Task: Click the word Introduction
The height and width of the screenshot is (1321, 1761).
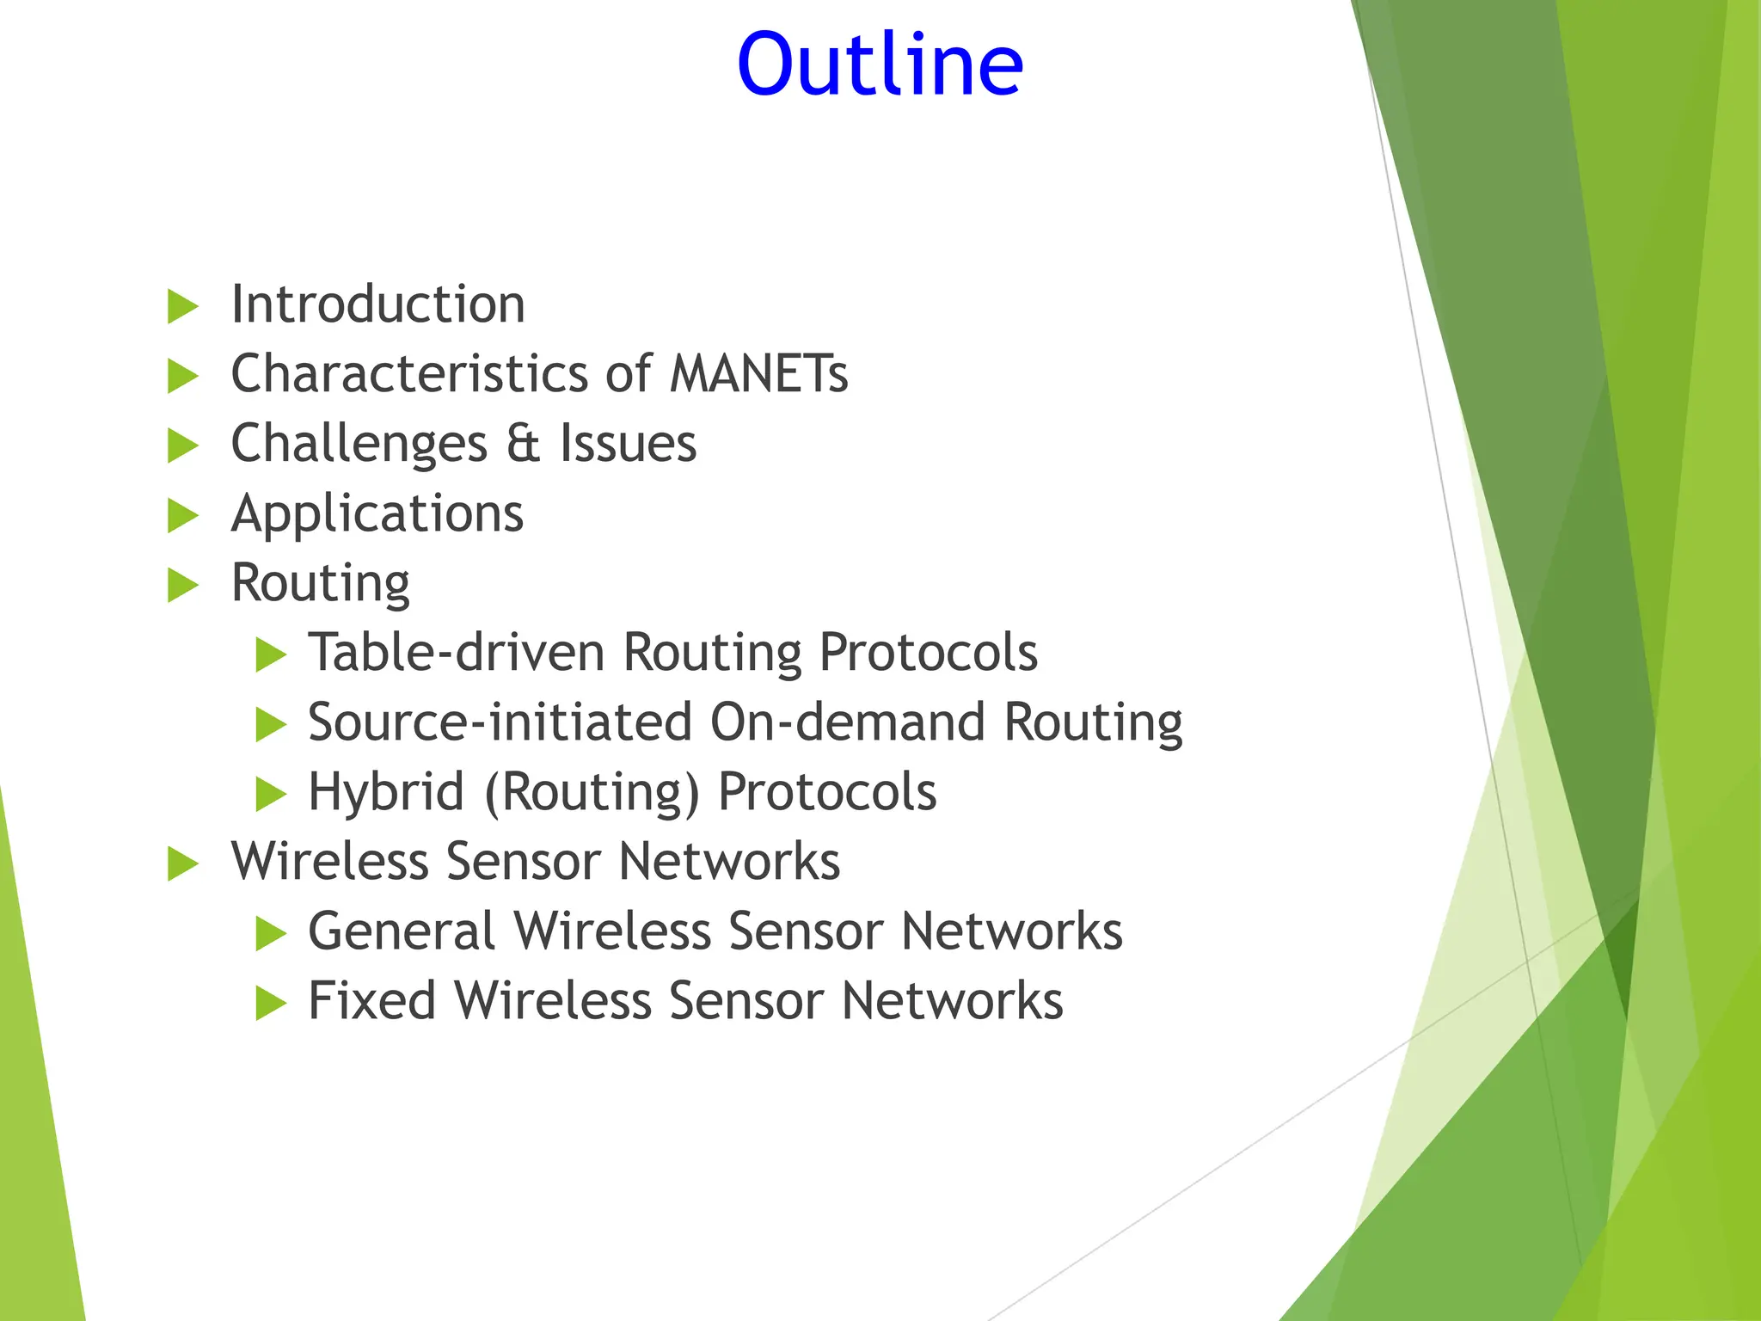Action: tap(377, 304)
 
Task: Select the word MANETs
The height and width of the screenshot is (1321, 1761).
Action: tap(758, 374)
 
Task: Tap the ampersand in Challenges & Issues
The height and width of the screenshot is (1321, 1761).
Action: tap(523, 444)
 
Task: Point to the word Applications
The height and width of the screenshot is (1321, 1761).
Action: tap(377, 514)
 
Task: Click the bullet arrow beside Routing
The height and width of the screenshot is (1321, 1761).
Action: tap(182, 585)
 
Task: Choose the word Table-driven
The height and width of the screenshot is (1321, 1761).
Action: tap(457, 653)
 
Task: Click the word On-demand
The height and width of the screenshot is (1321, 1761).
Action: tap(847, 722)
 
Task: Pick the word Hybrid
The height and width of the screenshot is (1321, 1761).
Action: tap(386, 792)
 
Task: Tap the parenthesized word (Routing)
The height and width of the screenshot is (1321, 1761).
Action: tap(592, 792)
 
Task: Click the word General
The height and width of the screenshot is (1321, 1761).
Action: tap(402, 931)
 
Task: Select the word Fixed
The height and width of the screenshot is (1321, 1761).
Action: tap(371, 1001)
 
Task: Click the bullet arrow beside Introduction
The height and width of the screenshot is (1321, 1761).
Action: tap(182, 307)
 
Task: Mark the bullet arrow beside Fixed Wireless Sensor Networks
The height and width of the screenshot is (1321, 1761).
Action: tap(270, 1004)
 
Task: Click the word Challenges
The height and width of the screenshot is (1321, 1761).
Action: tap(359, 445)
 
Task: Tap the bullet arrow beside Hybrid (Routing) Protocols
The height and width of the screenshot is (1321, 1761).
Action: tap(270, 795)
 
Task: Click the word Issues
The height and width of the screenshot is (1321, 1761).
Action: tap(628, 444)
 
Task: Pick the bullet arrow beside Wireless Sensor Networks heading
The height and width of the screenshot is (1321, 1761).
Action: tap(182, 864)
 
